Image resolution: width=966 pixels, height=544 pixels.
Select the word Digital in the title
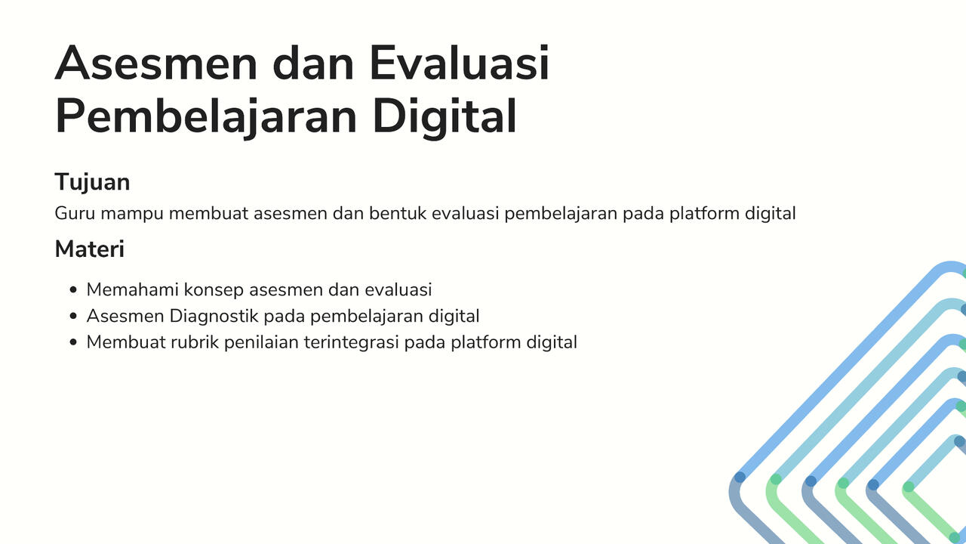click(445, 116)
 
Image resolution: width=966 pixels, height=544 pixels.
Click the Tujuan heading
click(92, 182)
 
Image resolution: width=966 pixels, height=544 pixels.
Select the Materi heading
click(89, 249)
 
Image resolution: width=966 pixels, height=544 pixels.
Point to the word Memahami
click(132, 289)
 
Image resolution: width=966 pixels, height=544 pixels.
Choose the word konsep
click(214, 289)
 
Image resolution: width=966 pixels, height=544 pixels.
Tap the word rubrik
click(195, 342)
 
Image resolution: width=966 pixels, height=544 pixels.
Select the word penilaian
click(261, 342)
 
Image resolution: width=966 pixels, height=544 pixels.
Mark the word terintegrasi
click(351, 342)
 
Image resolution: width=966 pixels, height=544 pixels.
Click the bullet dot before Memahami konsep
click(73, 289)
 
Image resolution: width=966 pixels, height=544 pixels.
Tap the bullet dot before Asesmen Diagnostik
click(73, 316)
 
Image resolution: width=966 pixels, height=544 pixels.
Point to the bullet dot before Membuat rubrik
click(73, 342)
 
